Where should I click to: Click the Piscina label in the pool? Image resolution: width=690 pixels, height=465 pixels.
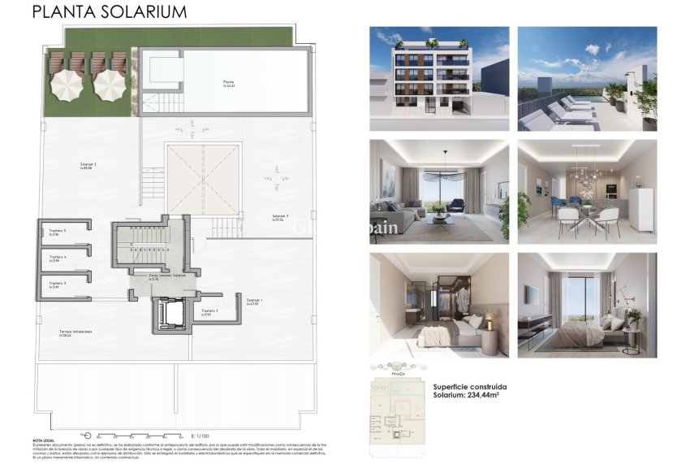229,82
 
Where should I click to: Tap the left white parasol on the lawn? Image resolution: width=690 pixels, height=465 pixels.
65,83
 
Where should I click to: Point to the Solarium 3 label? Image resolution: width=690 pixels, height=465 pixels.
280,216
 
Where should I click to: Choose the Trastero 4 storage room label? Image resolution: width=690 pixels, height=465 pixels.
57,258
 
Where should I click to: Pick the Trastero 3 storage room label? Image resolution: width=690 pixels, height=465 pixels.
57,284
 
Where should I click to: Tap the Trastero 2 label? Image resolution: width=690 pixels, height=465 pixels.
209,311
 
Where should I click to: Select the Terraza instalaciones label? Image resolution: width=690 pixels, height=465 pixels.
75,332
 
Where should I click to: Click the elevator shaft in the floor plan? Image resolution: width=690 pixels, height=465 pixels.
170,313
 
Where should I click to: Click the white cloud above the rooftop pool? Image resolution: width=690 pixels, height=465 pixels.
593,50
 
